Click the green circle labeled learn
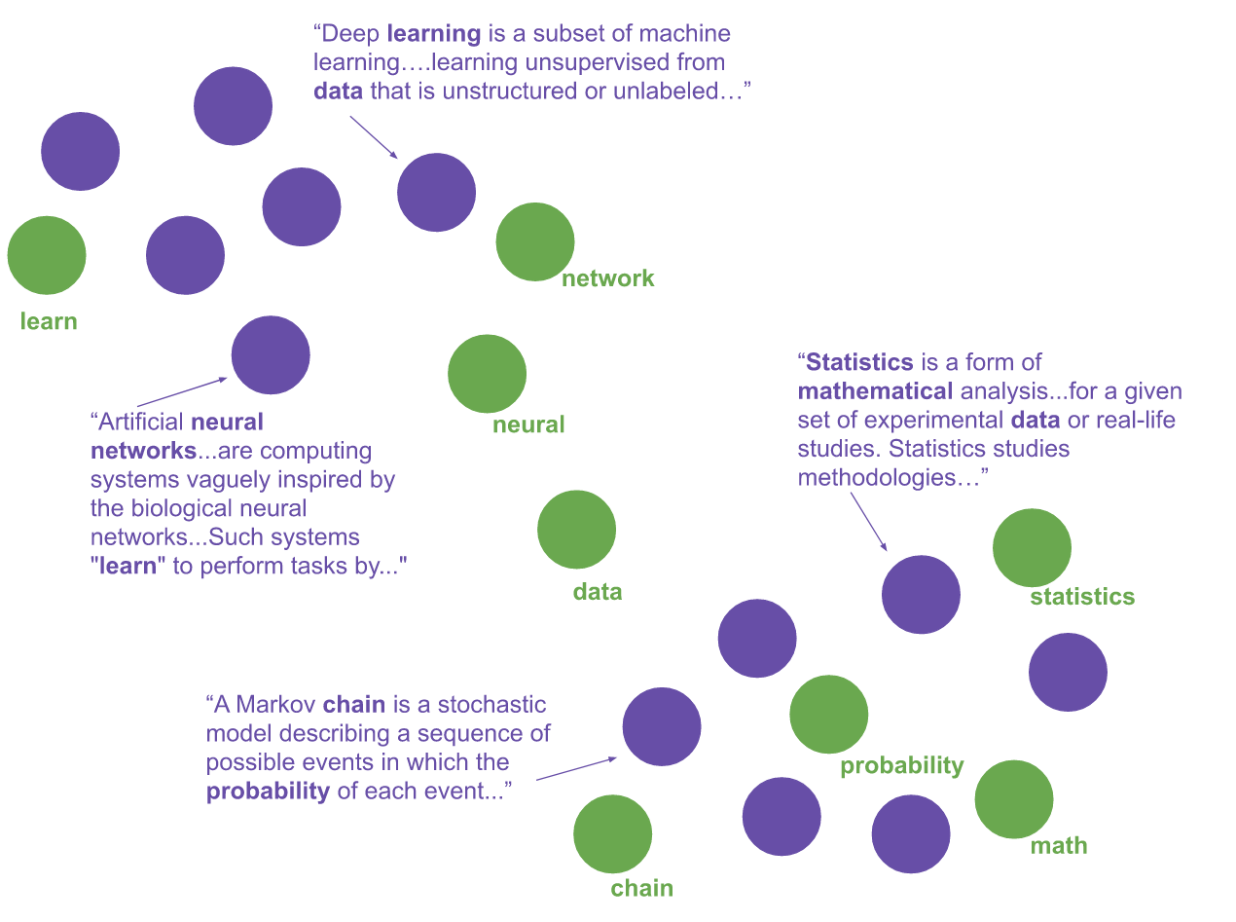coord(47,255)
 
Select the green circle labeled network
coord(535,241)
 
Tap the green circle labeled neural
coord(487,374)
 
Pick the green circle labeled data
coord(576,530)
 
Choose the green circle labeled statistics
coord(1032,547)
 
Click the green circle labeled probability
coord(828,715)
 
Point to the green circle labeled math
coord(1014,799)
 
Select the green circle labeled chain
coord(612,834)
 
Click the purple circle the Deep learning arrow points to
coord(436,192)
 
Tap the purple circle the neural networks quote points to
coord(271,355)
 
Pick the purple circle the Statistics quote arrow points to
coord(921,595)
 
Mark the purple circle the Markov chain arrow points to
coord(662,726)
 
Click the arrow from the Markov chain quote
coord(576,768)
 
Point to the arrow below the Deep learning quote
coord(373,136)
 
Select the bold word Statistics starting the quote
coord(859,363)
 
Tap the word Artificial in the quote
coord(141,424)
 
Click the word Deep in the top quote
coord(351,34)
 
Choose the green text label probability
coord(902,766)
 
